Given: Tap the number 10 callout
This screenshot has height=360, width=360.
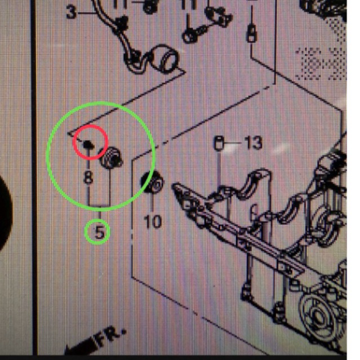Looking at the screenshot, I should [152, 220].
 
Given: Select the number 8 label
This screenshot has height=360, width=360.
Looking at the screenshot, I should [88, 177].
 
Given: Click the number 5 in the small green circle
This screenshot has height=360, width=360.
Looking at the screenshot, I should [98, 232].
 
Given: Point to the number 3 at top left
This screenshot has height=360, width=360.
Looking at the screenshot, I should [71, 12].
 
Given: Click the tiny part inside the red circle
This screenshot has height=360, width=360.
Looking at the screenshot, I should [87, 144].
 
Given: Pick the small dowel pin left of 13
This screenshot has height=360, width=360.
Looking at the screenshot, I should [220, 144].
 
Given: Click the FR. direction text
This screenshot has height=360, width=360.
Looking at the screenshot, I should [110, 336].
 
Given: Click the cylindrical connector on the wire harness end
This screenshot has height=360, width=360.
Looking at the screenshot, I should [167, 59].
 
